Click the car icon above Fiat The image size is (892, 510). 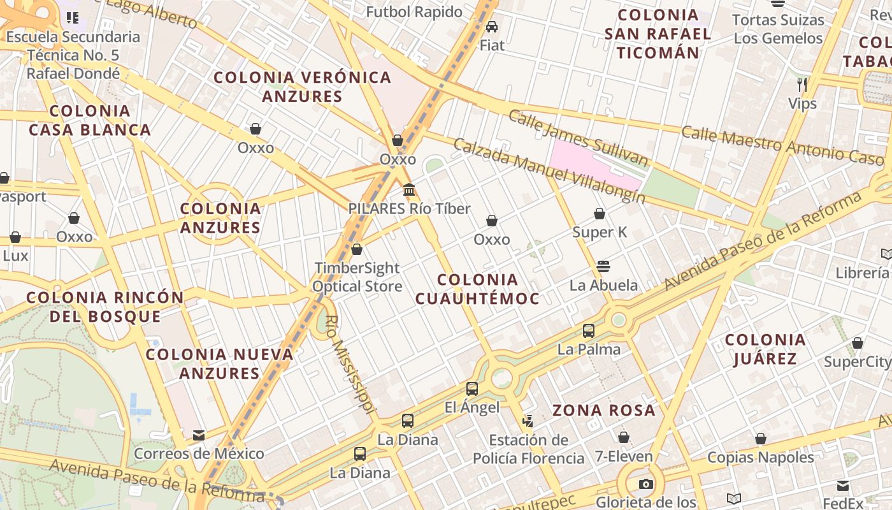tap(492, 26)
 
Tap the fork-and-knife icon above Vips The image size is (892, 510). tap(802, 84)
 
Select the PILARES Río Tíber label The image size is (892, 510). tap(409, 208)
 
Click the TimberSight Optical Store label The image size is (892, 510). tap(357, 277)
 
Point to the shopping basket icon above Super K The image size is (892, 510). tap(600, 214)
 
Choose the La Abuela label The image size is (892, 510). tap(603, 285)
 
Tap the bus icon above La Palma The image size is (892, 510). tap(589, 331)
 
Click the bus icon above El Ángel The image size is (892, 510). tap(472, 388)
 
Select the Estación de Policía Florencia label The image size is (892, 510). tap(528, 449)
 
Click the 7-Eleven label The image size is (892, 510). tap(624, 456)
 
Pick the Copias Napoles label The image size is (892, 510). tap(761, 457)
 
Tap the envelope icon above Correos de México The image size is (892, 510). tap(199, 435)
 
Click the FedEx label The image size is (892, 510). tap(843, 502)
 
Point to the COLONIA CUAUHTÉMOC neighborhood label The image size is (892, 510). tap(477, 289)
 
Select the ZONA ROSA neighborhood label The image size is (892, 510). tap(604, 410)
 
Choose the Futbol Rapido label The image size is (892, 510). tap(414, 11)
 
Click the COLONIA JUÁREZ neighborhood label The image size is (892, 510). tap(765, 349)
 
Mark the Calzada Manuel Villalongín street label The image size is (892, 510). tap(549, 170)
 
